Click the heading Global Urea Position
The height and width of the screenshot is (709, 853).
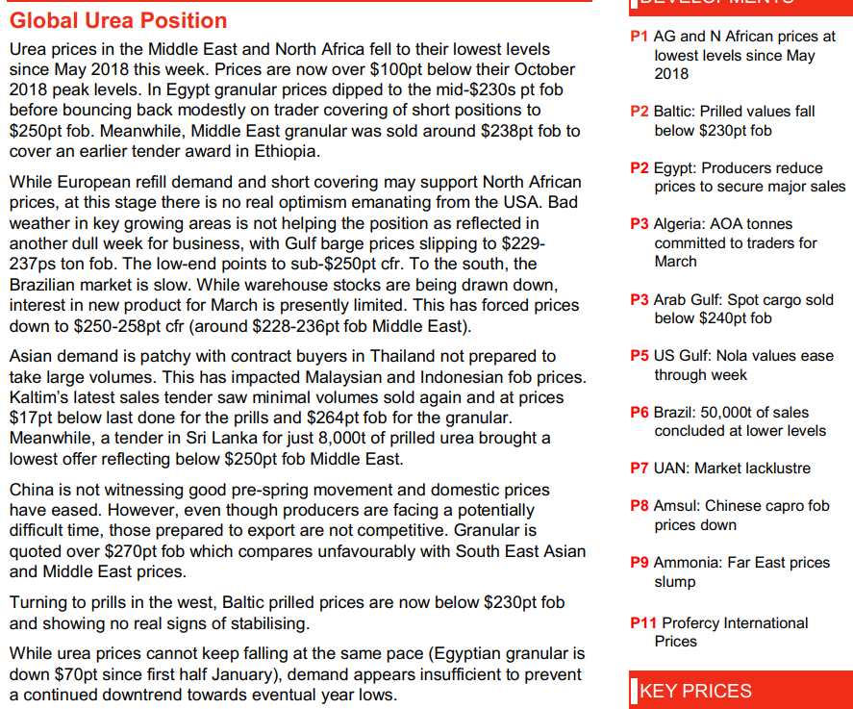[x=118, y=20]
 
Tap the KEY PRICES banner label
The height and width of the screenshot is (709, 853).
[x=695, y=691]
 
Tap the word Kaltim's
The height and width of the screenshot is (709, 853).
[x=39, y=396]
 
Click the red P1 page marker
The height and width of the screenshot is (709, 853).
[x=639, y=37]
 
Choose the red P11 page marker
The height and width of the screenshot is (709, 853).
[x=643, y=622]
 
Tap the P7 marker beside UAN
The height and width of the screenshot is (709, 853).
[x=639, y=468]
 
